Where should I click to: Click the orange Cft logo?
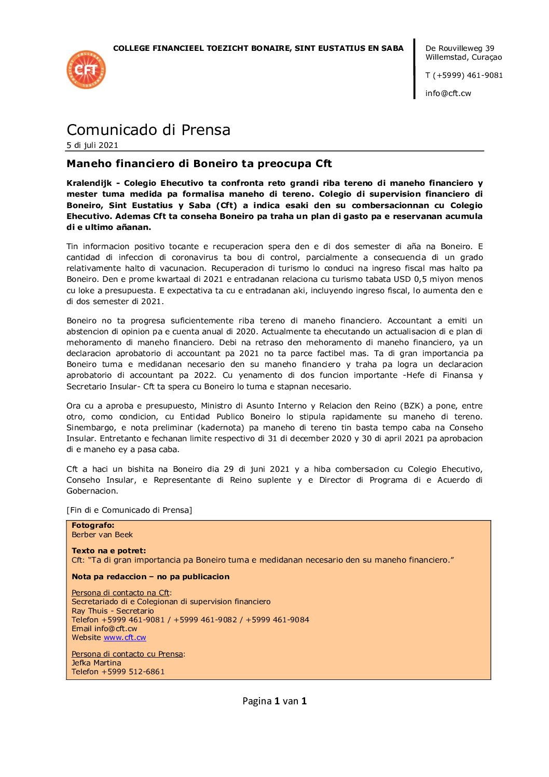(86, 70)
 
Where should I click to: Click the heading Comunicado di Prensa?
(148, 130)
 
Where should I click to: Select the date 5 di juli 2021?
(92, 145)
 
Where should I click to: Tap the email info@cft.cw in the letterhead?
(448, 93)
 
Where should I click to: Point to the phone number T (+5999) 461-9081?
(464, 75)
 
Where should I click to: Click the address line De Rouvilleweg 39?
(460, 48)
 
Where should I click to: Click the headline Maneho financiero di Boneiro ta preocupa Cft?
(199, 164)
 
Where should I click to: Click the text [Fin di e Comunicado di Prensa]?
(129, 510)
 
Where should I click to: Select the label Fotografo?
(93, 525)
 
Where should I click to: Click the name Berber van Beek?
(102, 535)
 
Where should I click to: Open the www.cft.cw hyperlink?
(125, 637)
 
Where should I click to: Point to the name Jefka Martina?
(96, 663)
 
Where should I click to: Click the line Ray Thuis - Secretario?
(113, 611)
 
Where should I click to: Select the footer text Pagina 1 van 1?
(274, 701)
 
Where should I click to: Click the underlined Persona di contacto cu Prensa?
(127, 654)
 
